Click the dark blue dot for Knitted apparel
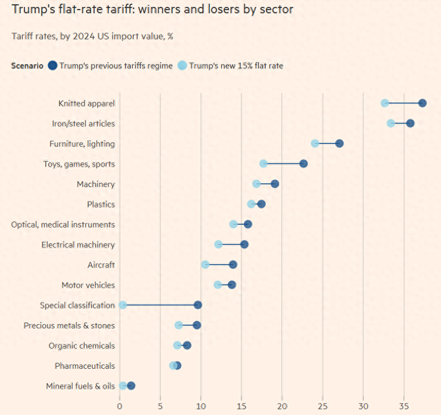(x=422, y=103)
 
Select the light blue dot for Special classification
(x=123, y=305)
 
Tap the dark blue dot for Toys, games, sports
(x=303, y=163)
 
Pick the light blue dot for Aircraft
(x=205, y=265)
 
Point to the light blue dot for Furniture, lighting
(x=315, y=143)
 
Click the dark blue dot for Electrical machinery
(x=244, y=245)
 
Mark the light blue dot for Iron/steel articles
(x=391, y=123)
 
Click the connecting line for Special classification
(x=160, y=305)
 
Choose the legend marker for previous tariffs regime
(x=52, y=65)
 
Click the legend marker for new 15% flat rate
(x=182, y=65)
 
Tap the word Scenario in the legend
(x=28, y=65)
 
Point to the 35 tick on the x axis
(x=404, y=405)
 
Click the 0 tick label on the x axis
(x=119, y=405)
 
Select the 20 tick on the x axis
(x=282, y=405)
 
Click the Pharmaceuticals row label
(x=85, y=365)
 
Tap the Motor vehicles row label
(x=88, y=285)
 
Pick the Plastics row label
(x=101, y=204)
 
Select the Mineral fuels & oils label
(x=81, y=386)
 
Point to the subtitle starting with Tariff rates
(x=92, y=36)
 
